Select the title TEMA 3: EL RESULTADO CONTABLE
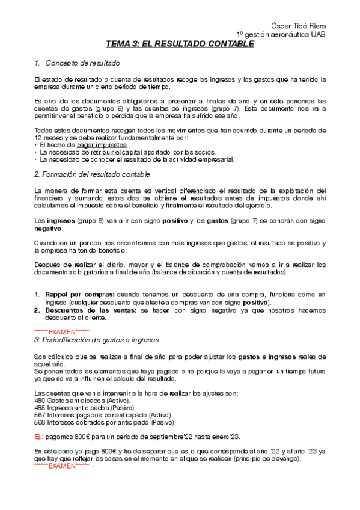[x=180, y=44]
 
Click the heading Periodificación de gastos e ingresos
[x=94, y=340]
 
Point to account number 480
[x=40, y=400]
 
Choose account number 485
[x=40, y=407]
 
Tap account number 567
[x=40, y=414]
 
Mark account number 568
[x=40, y=422]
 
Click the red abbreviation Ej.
[x=38, y=436]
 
